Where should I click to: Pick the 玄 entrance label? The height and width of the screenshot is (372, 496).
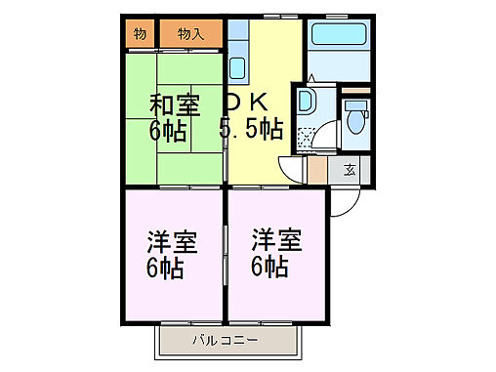point(349,171)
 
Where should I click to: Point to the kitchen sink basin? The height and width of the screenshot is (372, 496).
point(236,67)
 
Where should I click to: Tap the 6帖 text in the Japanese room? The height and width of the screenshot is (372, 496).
point(168,130)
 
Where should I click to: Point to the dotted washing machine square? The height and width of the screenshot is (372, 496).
point(309,136)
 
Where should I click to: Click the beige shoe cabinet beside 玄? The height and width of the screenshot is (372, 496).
point(318,170)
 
